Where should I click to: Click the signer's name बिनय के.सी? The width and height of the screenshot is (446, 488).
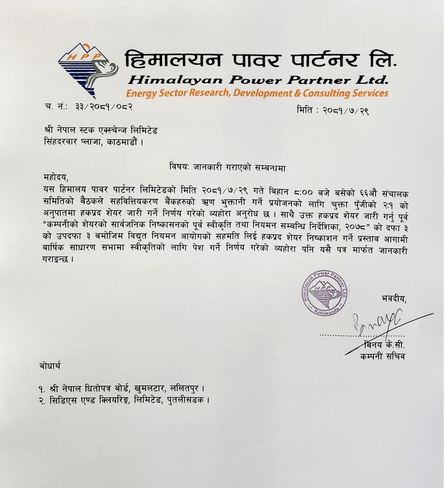[x=385, y=345]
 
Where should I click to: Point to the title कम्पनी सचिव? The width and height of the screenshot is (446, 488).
[x=384, y=356]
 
